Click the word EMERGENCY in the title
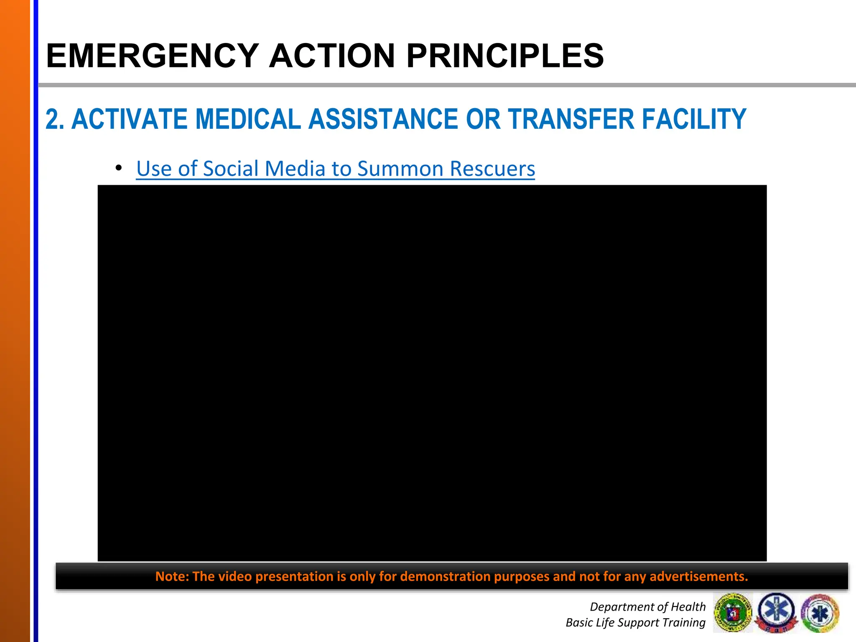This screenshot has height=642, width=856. (152, 56)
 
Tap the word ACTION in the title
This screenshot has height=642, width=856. (332, 56)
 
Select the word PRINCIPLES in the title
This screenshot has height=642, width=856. (505, 56)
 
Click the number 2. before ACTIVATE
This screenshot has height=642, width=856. (55, 120)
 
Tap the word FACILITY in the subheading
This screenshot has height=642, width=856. (694, 120)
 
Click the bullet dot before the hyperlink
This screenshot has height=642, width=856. (119, 168)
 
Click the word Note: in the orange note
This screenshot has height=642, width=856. (172, 576)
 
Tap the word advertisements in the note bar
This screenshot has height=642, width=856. (698, 576)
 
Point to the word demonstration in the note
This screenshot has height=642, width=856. (446, 576)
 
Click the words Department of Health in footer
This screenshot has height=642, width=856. (647, 606)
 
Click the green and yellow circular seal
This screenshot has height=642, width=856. (733, 613)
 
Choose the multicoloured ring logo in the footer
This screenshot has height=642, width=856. (820, 613)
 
